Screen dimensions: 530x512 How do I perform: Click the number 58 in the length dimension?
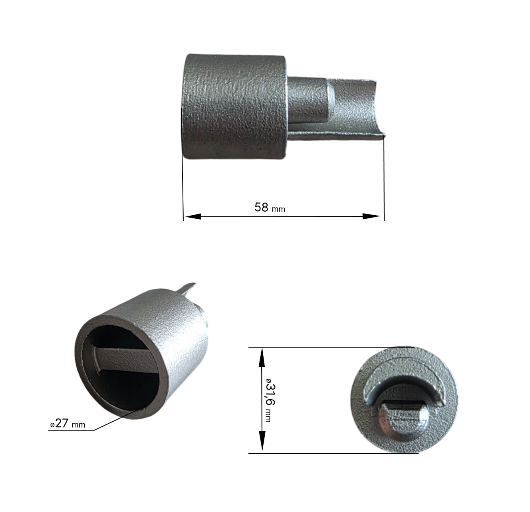click(x=261, y=207)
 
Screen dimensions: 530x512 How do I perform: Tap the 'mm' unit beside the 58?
click(x=278, y=210)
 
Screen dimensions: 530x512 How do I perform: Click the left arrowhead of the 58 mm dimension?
click(x=193, y=216)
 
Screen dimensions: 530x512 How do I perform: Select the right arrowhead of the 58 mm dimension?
click(x=371, y=216)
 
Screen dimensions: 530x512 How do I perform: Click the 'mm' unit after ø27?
click(x=78, y=425)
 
